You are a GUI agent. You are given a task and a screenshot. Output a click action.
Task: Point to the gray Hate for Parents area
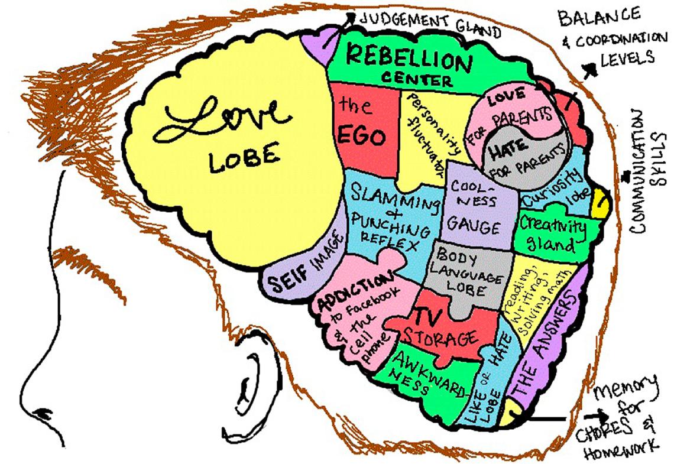pyautogui.click(x=520, y=157)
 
